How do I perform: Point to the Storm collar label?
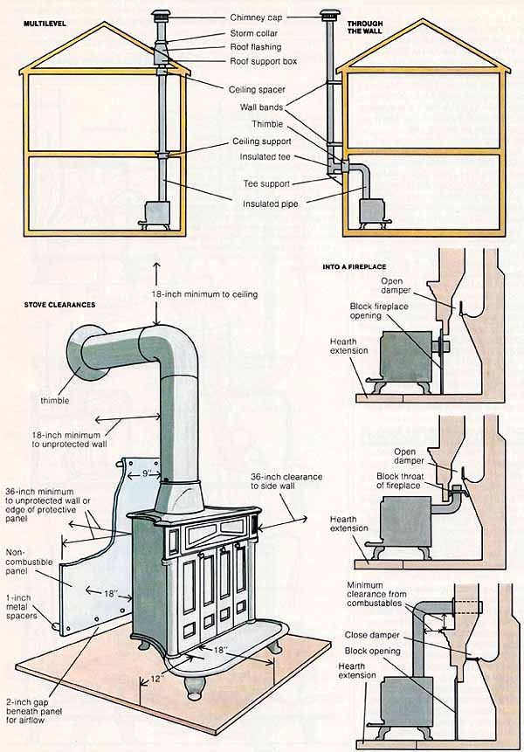click(254, 33)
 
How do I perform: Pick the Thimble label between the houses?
click(266, 124)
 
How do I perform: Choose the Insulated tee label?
click(267, 156)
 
